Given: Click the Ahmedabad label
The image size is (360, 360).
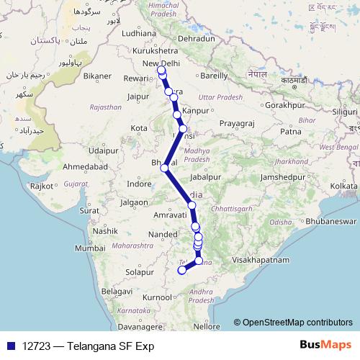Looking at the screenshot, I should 85,166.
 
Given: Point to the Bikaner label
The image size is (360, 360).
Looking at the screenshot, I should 96,75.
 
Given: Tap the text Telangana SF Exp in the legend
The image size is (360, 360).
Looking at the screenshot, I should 110,346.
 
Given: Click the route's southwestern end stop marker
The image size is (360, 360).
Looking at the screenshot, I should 182,271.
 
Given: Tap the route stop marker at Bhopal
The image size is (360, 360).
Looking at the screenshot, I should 165,168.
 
